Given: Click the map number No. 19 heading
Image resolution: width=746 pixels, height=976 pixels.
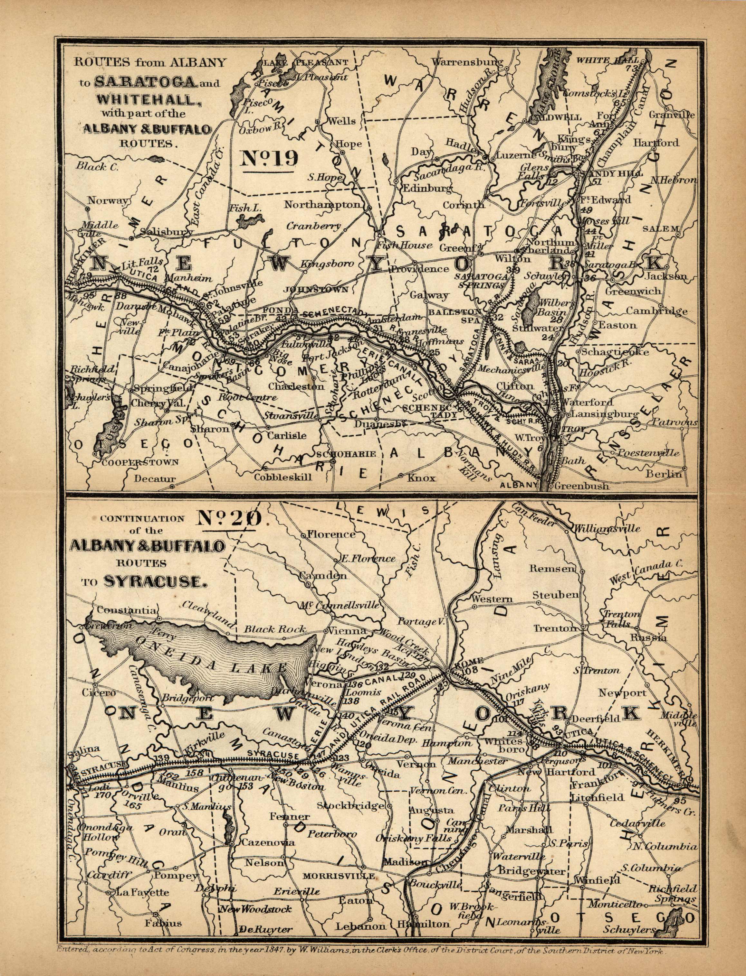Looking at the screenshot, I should click(269, 159).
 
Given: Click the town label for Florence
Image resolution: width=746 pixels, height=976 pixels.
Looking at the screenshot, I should click(331, 534).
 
